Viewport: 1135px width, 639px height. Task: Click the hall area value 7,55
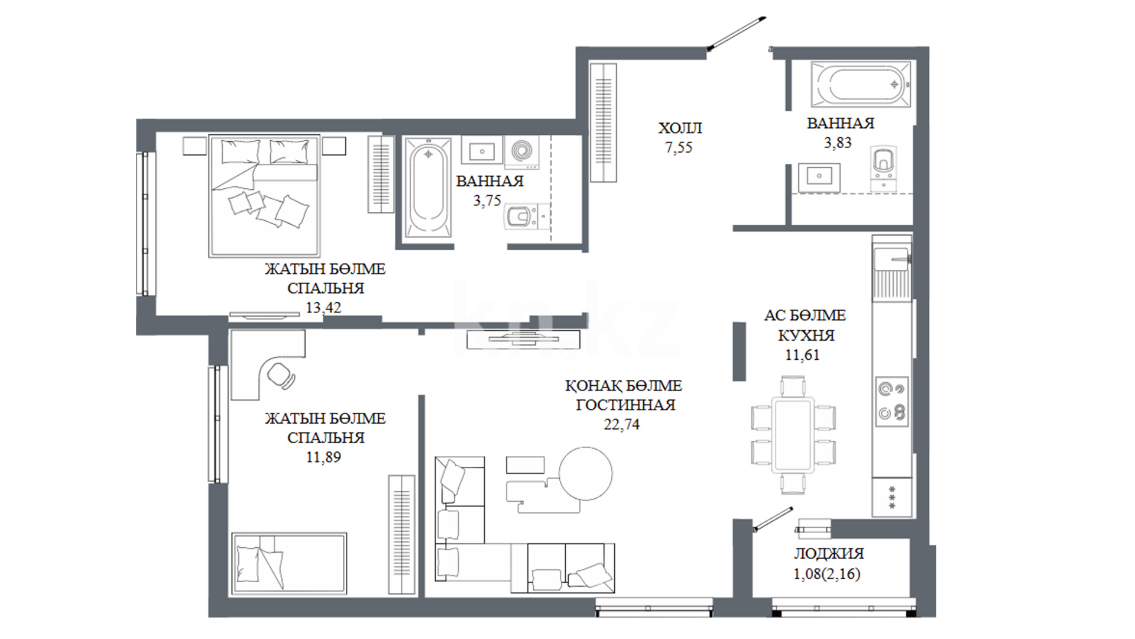point(679,148)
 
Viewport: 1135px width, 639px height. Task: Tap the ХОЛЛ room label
point(680,128)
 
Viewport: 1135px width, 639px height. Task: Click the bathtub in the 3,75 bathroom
point(429,188)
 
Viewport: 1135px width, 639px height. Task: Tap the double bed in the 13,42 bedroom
point(264,196)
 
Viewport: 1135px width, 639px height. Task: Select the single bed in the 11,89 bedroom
point(289,563)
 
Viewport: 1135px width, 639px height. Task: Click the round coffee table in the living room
point(586,473)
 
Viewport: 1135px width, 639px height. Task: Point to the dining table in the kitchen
point(793,435)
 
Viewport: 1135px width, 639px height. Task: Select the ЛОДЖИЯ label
point(829,554)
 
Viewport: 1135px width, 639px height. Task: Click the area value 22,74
point(621,424)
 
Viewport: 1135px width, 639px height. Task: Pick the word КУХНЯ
point(806,335)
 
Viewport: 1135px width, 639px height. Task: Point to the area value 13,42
point(323,308)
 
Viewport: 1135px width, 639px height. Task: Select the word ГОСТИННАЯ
point(625,405)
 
